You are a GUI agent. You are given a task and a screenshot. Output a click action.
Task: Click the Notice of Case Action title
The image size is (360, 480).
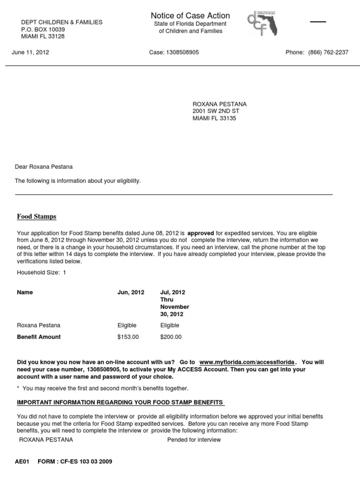[x=190, y=16]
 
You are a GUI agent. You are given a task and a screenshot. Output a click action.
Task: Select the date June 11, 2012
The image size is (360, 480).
[x=30, y=52]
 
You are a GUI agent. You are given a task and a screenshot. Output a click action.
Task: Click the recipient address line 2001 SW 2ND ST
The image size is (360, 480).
[x=216, y=111]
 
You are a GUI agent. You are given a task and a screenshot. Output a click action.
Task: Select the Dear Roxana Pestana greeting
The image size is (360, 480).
[x=44, y=167]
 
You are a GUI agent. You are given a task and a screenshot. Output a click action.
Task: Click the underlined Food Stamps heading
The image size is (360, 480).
[x=37, y=217]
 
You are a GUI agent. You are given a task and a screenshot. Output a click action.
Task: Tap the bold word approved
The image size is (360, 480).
[x=201, y=232]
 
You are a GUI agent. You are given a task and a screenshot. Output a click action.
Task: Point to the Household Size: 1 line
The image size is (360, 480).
[x=42, y=272]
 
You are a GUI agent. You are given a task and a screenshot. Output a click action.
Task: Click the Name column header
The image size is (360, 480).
[x=25, y=292]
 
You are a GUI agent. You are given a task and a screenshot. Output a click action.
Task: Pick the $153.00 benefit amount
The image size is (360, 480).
[x=128, y=337]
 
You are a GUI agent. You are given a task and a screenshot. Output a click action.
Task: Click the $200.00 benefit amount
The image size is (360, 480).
[x=171, y=337]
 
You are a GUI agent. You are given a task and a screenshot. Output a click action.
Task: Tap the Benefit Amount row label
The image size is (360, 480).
[x=39, y=337]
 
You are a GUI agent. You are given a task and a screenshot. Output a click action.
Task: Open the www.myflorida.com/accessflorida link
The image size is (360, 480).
[x=247, y=362]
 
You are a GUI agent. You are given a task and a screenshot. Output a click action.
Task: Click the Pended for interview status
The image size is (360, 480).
[x=194, y=440]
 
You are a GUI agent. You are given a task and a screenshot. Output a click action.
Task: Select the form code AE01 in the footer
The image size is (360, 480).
[x=22, y=462]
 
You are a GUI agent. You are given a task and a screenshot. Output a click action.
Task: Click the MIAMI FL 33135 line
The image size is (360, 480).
[x=215, y=119]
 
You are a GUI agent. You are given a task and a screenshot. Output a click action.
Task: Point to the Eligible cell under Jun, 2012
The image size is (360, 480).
[x=127, y=325]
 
